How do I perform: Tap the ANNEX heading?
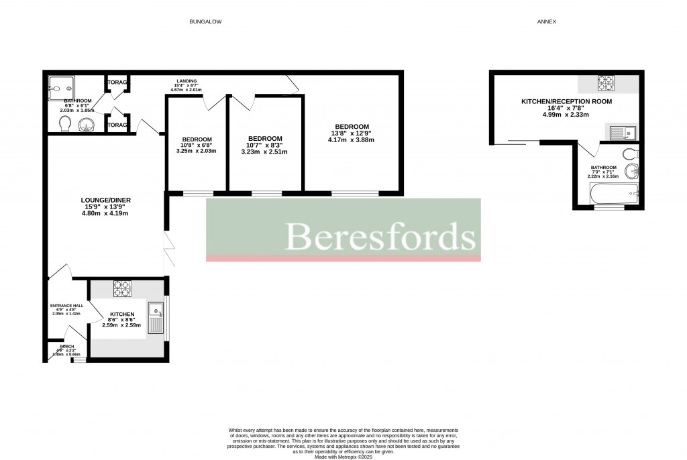coord(546,22)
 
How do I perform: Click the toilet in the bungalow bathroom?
coord(64,124)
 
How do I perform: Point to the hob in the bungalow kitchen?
coord(121,289)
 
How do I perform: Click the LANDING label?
coord(187,81)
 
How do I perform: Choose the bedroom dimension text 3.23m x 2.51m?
coord(264,152)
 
